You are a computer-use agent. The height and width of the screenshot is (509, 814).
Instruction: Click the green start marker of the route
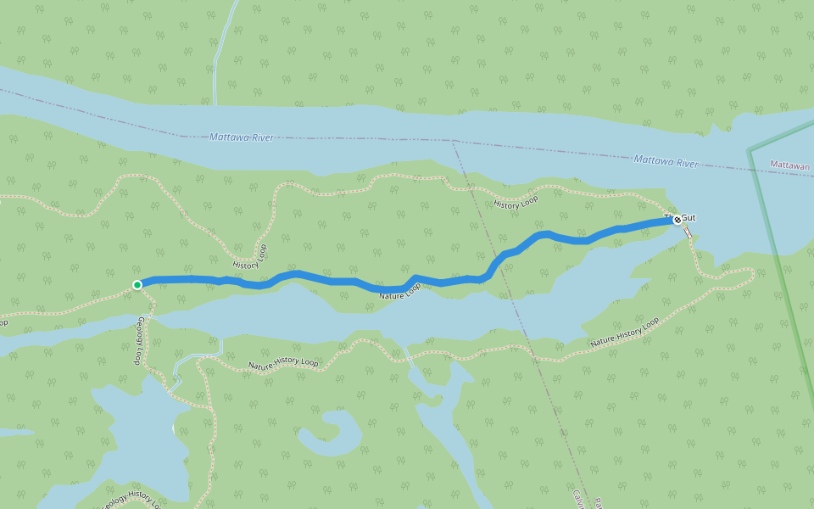137,284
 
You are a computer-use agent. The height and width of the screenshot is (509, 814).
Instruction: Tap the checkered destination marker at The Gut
677,219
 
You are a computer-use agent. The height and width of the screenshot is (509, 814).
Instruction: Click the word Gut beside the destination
689,218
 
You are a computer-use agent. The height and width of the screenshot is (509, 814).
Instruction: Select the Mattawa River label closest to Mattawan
666,160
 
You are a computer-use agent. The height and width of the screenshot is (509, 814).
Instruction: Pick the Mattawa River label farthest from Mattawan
242,137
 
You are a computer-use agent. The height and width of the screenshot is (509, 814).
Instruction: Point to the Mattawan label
791,165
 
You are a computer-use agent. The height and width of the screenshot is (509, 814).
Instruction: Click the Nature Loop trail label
400,292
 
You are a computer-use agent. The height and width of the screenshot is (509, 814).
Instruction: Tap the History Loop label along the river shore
516,202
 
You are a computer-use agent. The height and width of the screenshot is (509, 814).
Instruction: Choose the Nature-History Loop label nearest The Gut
624,333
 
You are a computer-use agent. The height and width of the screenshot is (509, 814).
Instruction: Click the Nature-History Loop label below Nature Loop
283,363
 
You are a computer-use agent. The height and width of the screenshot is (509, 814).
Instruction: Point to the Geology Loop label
138,340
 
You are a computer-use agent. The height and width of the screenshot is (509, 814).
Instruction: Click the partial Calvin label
576,498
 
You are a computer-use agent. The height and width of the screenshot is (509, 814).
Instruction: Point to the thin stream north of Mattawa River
222,51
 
